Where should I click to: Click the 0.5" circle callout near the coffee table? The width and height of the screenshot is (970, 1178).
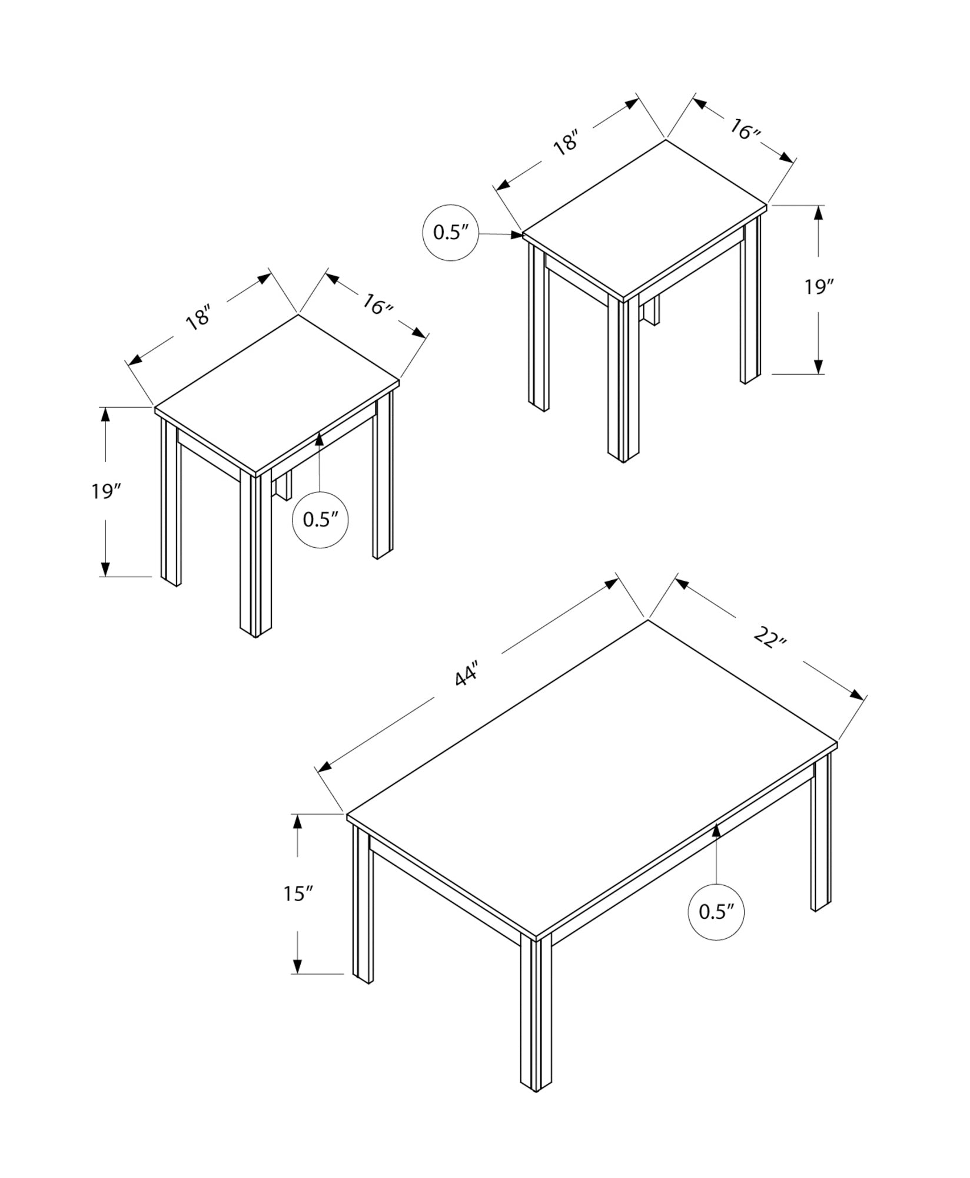click(715, 928)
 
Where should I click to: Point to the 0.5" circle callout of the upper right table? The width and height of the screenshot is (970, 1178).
click(450, 233)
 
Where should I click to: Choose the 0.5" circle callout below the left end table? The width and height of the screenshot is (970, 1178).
click(320, 519)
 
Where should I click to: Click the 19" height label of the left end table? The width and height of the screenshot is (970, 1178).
click(105, 490)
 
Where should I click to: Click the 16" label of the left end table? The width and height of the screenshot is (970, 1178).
click(377, 305)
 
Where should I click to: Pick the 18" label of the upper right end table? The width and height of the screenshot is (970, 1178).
click(567, 143)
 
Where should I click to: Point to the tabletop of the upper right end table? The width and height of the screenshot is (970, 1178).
click(645, 218)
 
